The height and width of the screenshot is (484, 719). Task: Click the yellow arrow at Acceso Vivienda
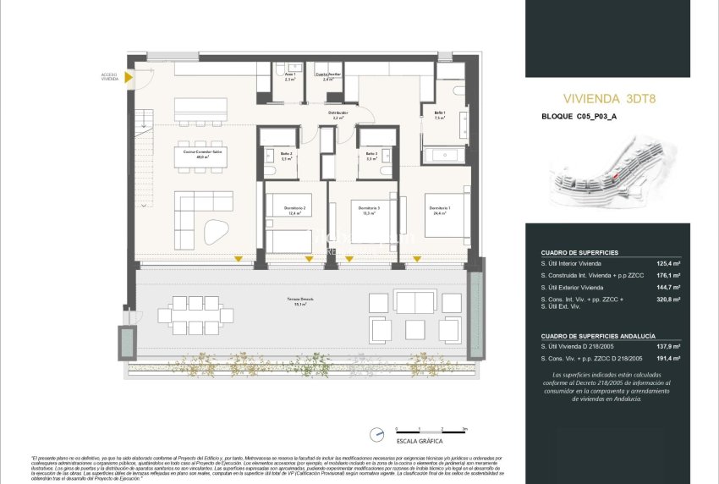pos(128,78)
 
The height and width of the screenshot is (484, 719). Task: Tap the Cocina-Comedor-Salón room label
pos(201,154)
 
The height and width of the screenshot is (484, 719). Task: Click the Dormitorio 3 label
pos(369,211)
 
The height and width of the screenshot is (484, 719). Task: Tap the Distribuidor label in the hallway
pos(338,115)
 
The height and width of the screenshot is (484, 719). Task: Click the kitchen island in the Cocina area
pos(201,108)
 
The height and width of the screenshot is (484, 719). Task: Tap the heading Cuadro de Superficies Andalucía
pos(598,336)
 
